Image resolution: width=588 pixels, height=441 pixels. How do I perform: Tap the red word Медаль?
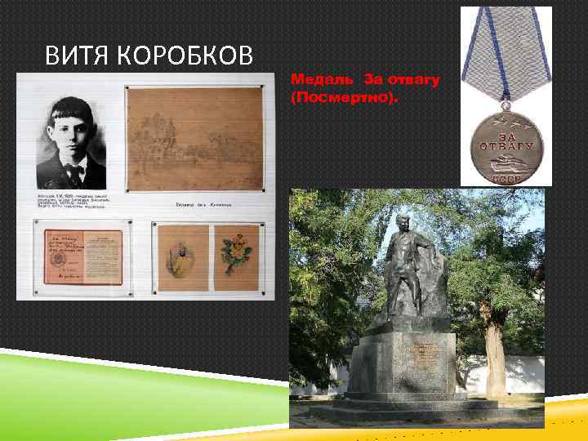[320, 80]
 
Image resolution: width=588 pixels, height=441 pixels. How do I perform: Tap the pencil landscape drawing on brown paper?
[195, 140]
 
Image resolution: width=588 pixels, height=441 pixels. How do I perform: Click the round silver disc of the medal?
[501, 148]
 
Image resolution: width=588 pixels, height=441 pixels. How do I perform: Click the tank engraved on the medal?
[501, 159]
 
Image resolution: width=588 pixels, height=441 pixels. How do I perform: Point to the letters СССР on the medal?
[501, 176]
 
